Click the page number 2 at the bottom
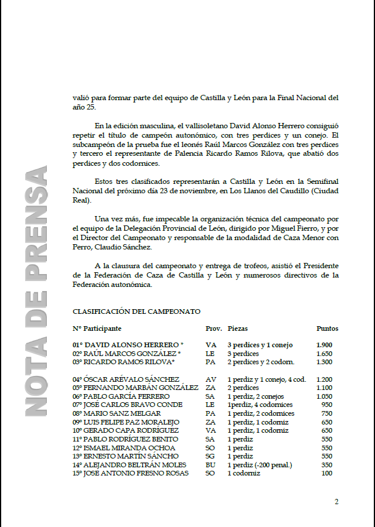click(336, 501)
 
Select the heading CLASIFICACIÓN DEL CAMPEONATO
click(137, 312)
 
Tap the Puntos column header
click(327, 328)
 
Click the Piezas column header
click(238, 328)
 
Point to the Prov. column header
click(214, 328)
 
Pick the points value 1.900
click(324, 345)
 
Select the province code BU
click(211, 464)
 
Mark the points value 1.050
click(324, 396)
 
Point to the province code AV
click(211, 379)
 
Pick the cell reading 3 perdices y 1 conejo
click(260, 345)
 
